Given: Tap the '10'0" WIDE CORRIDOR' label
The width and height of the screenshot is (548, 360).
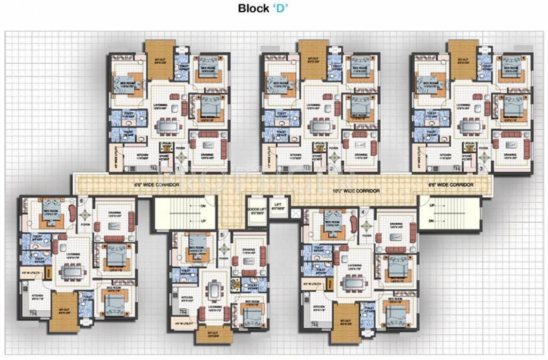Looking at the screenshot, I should pos(356,191).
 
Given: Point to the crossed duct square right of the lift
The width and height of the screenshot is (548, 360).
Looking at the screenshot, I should pos(295,214).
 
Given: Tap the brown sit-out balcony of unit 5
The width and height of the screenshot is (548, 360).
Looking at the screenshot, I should pos(214,334).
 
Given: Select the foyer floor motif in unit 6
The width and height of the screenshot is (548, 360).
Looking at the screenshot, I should pos(85,215).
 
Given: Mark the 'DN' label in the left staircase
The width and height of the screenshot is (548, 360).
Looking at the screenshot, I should pos(203,206).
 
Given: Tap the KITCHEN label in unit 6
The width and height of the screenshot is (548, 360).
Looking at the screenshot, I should pos(37,296).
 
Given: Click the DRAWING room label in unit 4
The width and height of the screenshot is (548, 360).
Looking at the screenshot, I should pos(396,224).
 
